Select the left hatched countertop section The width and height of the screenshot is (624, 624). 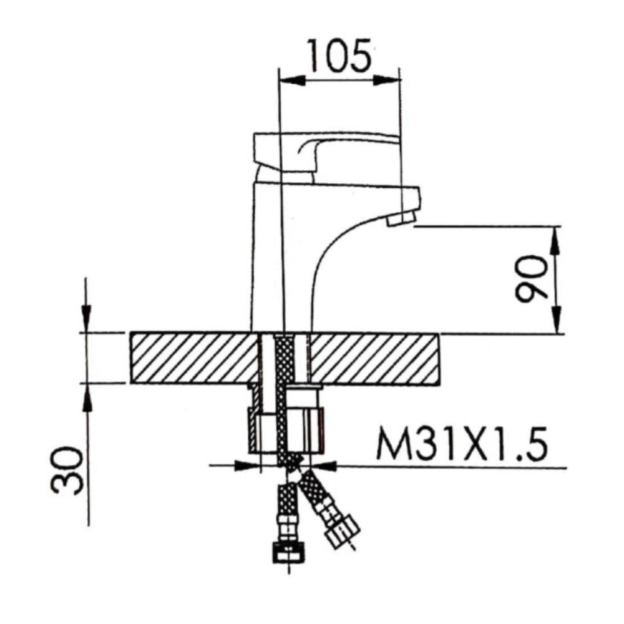tap(193, 359)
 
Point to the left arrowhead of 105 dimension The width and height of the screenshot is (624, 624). tap(290, 80)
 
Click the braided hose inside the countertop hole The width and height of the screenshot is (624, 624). tap(285, 359)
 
